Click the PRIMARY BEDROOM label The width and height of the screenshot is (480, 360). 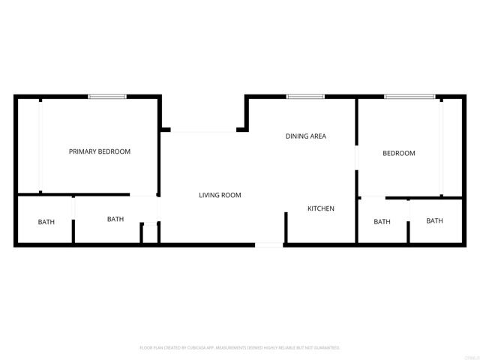tap(100, 151)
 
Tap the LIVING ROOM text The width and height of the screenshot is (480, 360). tap(220, 195)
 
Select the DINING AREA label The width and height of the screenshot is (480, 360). tap(305, 136)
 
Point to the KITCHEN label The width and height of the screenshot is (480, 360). tap(321, 208)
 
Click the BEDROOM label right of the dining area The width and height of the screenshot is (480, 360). tap(398, 154)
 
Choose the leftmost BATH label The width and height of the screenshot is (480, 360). tap(46, 222)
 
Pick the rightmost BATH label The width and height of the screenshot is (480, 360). tap(434, 220)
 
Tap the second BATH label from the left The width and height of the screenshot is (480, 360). tap(115, 220)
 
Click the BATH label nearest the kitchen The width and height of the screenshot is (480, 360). tap(382, 222)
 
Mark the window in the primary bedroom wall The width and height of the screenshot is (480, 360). tap(107, 97)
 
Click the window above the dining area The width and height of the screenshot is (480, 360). tap(305, 97)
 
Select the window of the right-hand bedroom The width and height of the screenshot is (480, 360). tap(409, 97)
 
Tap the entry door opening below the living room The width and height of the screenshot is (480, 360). tap(269, 244)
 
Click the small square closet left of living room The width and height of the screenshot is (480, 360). tap(150, 232)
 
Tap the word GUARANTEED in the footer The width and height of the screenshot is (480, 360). tap(325, 348)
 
